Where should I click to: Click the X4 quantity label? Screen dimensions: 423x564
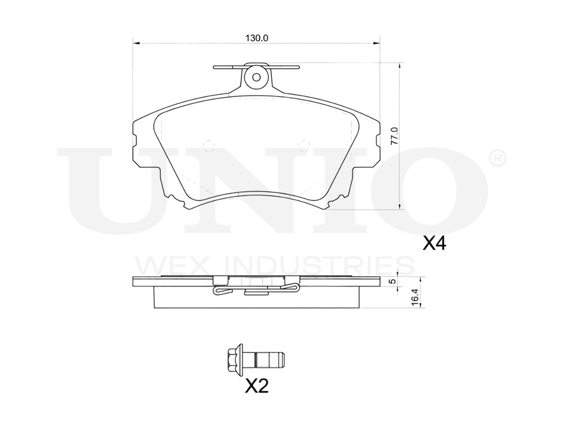pyautogui.click(x=434, y=244)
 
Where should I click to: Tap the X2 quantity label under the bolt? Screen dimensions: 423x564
pyautogui.click(x=256, y=386)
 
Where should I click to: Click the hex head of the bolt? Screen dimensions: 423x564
pyautogui.click(x=231, y=358)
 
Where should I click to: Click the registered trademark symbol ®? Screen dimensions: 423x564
pyautogui.click(x=496, y=159)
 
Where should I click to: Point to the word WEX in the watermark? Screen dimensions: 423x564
pyautogui.click(x=164, y=265)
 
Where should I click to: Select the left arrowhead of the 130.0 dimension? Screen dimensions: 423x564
pyautogui.click(x=135, y=43)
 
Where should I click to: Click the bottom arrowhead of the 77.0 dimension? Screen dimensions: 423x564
pyautogui.click(x=399, y=207)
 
